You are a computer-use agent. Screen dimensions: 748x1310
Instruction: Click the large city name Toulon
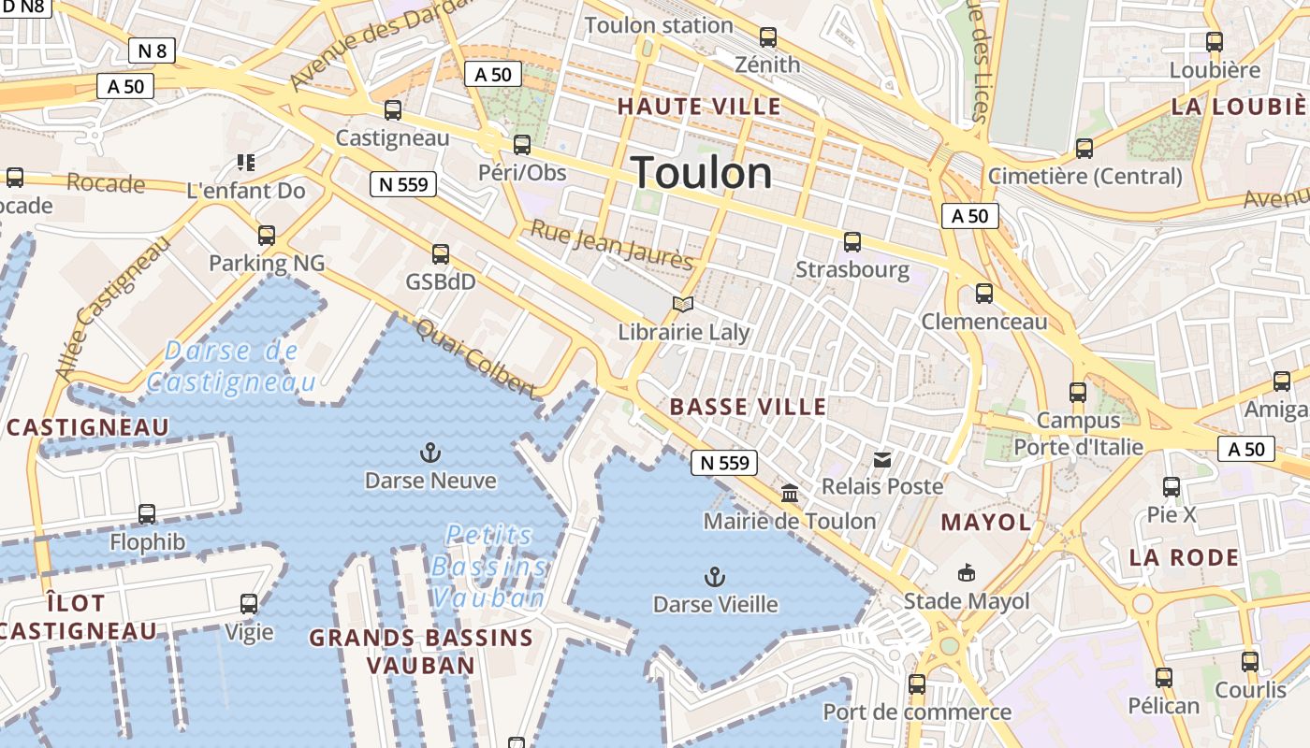coord(702,174)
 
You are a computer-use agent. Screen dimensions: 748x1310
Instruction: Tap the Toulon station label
coord(659,25)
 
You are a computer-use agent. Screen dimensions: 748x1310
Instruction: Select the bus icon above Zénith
coord(768,37)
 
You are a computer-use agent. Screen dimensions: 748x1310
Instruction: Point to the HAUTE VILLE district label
coord(699,107)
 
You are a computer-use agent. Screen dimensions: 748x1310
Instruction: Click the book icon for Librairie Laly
coord(684,305)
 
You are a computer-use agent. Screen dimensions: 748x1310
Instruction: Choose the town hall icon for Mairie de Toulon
coord(790,493)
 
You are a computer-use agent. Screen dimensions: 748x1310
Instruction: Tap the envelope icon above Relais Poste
coord(882,459)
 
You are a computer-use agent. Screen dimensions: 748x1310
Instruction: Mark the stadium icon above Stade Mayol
coord(967,572)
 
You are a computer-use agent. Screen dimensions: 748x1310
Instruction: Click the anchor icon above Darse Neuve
coord(429,453)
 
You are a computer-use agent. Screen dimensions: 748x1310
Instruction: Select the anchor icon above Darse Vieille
coord(715,576)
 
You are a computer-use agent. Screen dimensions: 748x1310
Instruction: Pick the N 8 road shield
coord(152,50)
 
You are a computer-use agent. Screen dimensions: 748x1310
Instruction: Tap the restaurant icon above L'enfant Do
coord(246,163)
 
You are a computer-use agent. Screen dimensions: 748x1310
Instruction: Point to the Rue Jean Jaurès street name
coord(612,244)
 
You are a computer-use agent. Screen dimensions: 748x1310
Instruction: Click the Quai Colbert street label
coord(475,358)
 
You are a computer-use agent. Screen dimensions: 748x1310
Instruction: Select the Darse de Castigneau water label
coord(231,366)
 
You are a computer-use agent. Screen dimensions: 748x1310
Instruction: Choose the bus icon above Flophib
coord(147,513)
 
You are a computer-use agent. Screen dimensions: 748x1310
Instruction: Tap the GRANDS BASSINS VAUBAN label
coord(421,652)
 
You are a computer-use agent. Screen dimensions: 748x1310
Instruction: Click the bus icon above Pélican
coord(1163,678)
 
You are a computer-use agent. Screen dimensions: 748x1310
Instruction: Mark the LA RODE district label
coord(1184,558)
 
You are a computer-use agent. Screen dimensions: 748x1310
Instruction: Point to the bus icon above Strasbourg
coord(852,242)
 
